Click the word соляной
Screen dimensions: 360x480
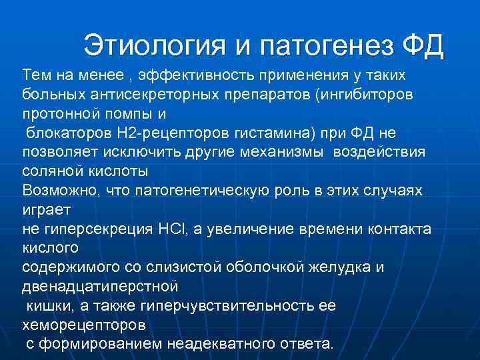pos(49,171)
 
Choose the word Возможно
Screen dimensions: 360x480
pos(59,190)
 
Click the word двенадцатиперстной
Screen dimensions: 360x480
pos(100,287)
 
